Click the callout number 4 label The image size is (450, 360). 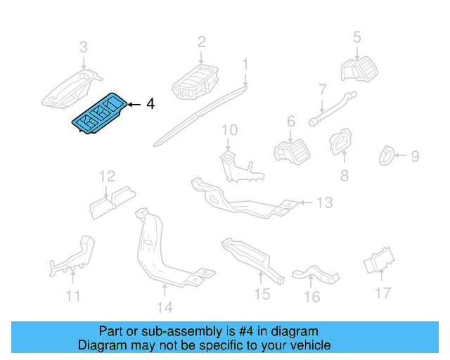(x=150, y=104)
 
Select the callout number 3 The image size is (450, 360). (x=84, y=48)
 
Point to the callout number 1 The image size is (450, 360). (x=245, y=65)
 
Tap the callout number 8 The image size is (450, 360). (x=344, y=176)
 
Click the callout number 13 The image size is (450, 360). (x=323, y=203)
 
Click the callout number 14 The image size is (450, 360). (x=163, y=307)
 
